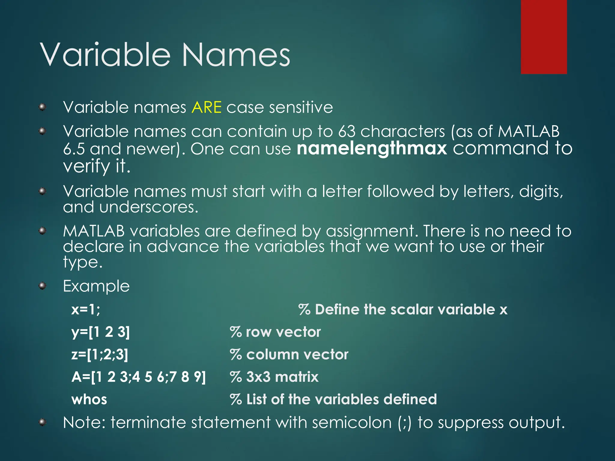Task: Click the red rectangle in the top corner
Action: click(x=544, y=37)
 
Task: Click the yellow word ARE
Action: click(x=207, y=107)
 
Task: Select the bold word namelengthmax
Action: click(x=372, y=149)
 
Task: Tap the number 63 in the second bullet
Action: click(x=347, y=131)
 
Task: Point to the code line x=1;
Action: click(x=86, y=309)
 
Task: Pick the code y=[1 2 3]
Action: click(x=101, y=332)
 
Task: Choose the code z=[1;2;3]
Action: click(x=100, y=354)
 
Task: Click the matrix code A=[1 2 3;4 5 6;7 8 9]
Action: click(x=139, y=377)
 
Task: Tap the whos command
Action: click(x=89, y=399)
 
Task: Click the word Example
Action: click(x=96, y=286)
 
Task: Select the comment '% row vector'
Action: click(x=275, y=332)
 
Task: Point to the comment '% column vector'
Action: click(x=289, y=354)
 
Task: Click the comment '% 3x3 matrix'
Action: click(x=274, y=377)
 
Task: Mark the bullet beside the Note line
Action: click(x=43, y=423)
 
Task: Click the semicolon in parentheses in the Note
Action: click(x=404, y=423)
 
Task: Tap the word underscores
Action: click(x=148, y=207)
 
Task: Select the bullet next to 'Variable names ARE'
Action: click(x=43, y=107)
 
